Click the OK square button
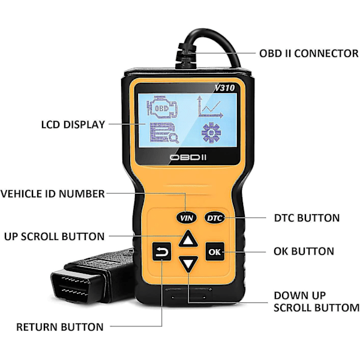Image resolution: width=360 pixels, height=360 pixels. pyautogui.click(x=215, y=251)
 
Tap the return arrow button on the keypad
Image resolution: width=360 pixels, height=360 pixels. pyautogui.click(x=161, y=252)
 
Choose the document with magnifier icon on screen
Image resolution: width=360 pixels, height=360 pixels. pyautogui.click(x=164, y=133)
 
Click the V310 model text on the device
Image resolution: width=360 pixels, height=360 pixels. pyautogui.click(x=225, y=88)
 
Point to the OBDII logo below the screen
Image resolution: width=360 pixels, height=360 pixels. pyautogui.click(x=188, y=157)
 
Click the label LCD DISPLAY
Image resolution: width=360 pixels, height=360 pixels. pyautogui.click(x=73, y=124)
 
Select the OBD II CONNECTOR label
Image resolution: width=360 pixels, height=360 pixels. pyautogui.click(x=309, y=53)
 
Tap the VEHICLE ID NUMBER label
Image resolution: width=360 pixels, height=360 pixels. pyautogui.click(x=53, y=194)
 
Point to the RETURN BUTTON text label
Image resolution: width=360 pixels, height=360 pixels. pyautogui.click(x=60, y=327)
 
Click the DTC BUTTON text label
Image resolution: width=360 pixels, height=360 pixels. pyautogui.click(x=307, y=218)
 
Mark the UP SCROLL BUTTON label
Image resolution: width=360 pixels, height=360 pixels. pyautogui.click(x=55, y=236)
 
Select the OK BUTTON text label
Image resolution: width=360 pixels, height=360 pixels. pyautogui.click(x=304, y=251)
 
